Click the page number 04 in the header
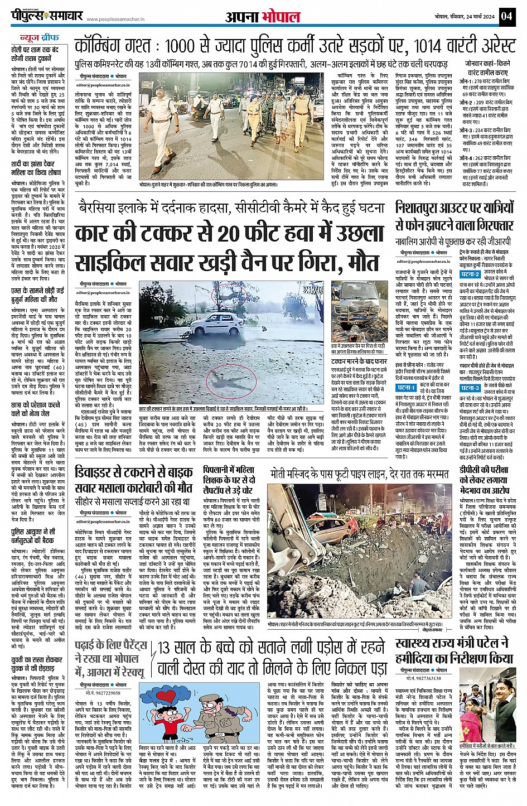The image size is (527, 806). [506, 16]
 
